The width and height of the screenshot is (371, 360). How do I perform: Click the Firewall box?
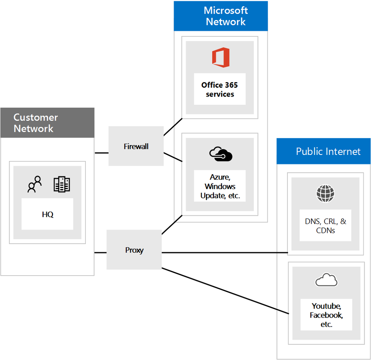click(x=136, y=146)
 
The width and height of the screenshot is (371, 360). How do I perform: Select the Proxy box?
click(x=134, y=250)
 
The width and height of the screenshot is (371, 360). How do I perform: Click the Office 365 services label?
click(x=220, y=90)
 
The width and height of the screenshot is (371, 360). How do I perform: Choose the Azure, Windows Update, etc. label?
click(x=220, y=186)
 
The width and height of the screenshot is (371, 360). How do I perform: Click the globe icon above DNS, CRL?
click(x=325, y=194)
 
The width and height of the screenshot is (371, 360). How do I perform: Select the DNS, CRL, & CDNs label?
click(x=325, y=226)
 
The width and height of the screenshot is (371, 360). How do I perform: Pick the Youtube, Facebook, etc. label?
click(x=326, y=315)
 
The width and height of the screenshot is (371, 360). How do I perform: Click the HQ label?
click(x=47, y=214)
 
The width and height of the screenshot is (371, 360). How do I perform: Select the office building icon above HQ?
click(x=62, y=184)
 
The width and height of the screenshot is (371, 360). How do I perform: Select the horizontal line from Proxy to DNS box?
click(x=225, y=253)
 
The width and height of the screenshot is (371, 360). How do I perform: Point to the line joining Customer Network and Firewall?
click(x=101, y=153)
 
